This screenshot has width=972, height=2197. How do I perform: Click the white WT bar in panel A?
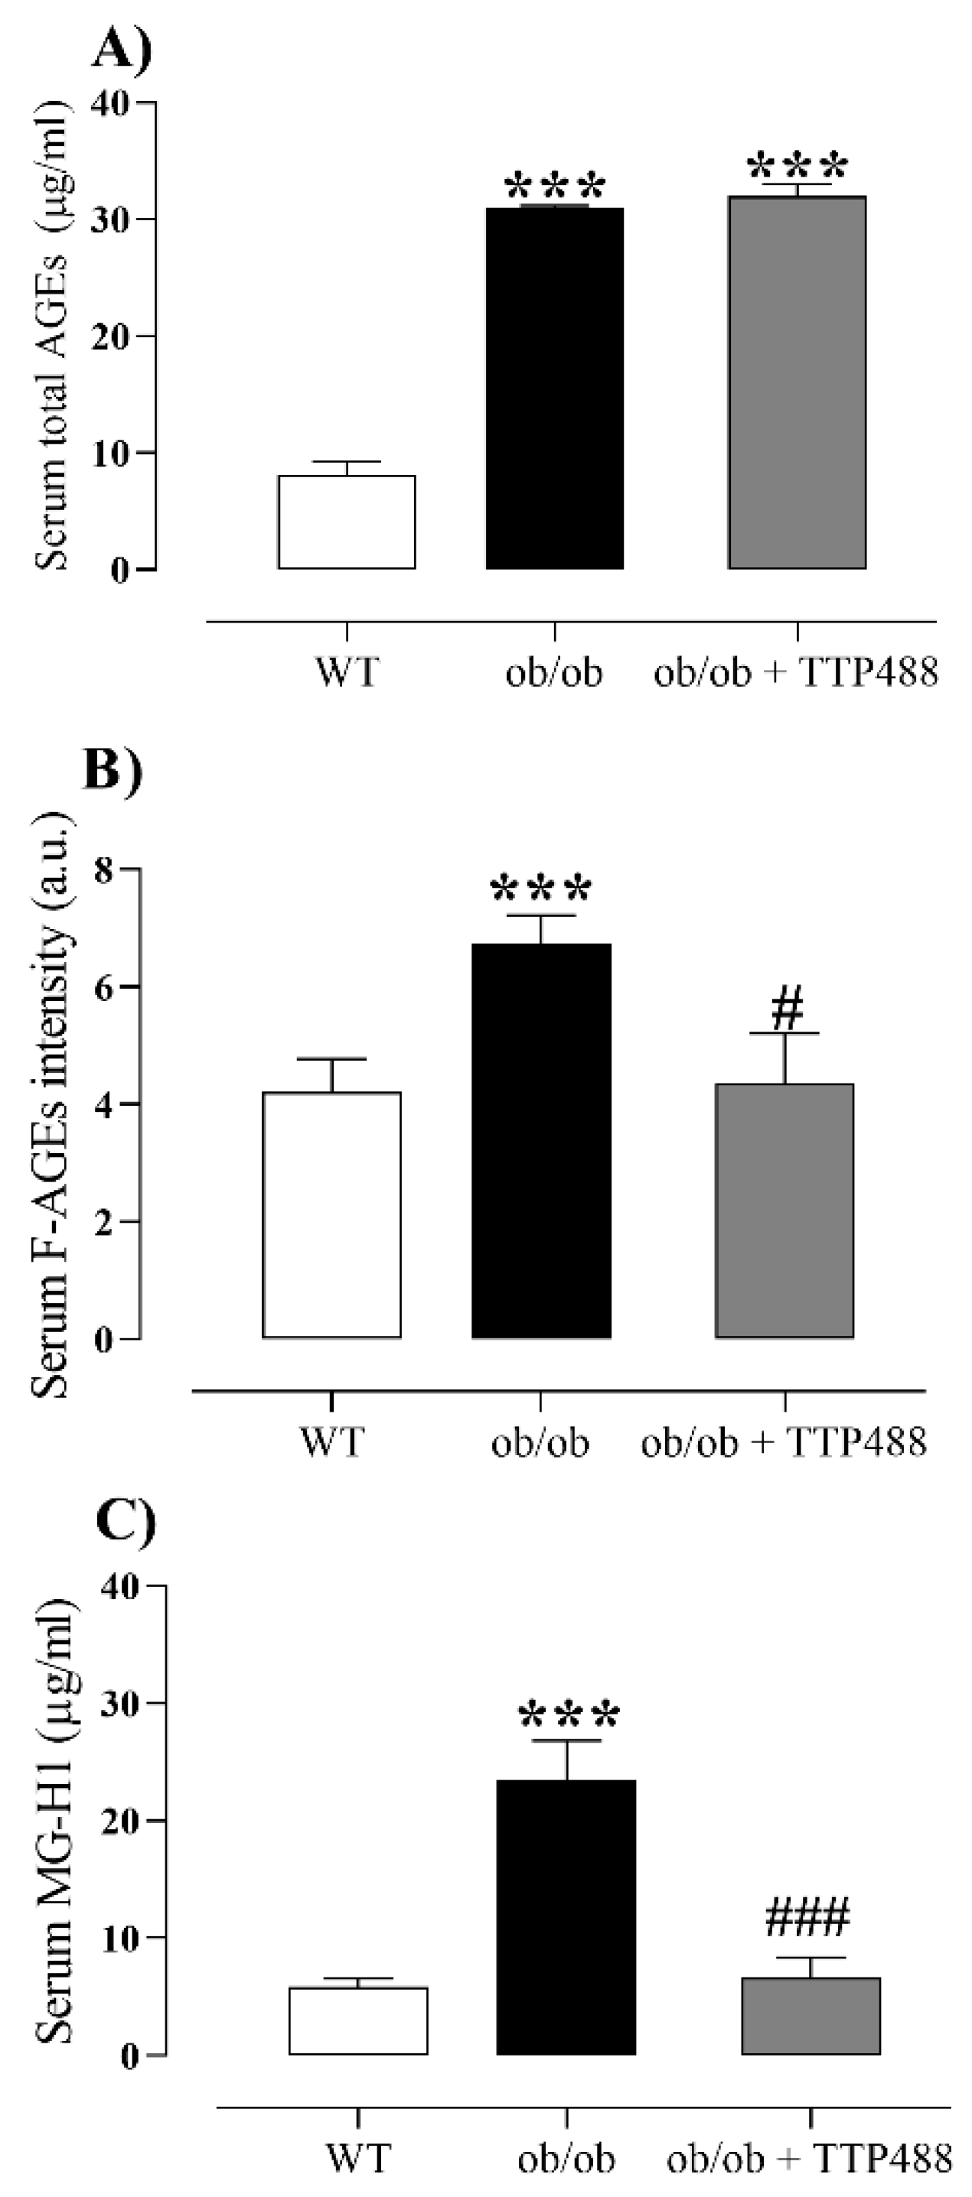[347, 522]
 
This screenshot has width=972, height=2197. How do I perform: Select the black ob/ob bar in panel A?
[555, 388]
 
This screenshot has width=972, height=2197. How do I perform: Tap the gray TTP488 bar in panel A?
[797, 383]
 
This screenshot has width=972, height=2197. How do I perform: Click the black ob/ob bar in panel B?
[541, 1140]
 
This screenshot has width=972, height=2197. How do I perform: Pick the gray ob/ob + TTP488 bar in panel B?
[784, 1211]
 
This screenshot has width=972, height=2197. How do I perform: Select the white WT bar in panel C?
[358, 2020]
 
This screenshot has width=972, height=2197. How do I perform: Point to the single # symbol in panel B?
[787, 1008]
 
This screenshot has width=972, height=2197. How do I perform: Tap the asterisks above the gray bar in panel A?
[797, 164]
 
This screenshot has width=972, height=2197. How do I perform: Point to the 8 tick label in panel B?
[104, 871]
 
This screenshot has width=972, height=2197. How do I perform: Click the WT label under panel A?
[346, 673]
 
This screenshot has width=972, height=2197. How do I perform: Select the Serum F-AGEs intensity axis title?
[51, 1103]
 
